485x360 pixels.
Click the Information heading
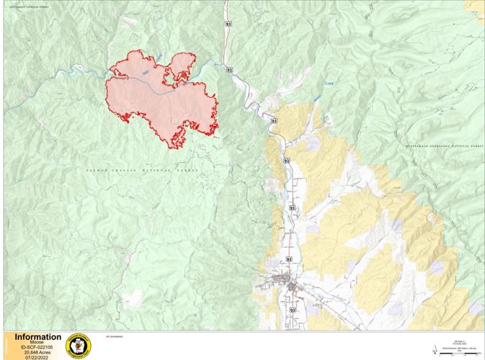coord(37,337)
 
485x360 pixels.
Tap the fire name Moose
coord(37,343)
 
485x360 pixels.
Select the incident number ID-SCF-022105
coord(37,348)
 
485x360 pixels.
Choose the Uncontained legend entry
coord(113,336)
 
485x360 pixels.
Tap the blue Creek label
coord(329,83)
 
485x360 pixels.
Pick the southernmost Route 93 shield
coord(293,310)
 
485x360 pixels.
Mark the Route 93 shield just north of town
coord(290,258)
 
